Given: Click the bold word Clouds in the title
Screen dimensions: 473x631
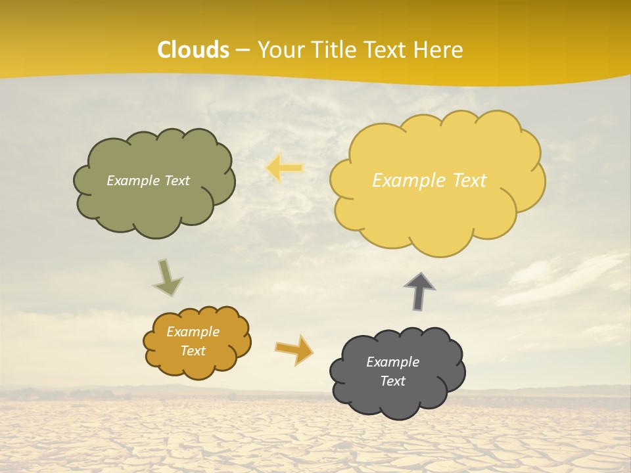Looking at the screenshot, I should (x=193, y=50).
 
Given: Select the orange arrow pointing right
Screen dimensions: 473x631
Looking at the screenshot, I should (x=294, y=349).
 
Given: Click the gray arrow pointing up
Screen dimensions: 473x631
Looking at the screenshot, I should (x=419, y=290).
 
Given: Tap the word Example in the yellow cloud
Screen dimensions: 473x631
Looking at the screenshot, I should (x=410, y=181).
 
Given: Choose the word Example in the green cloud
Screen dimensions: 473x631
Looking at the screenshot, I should (x=133, y=181).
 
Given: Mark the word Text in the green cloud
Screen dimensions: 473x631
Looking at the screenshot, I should (x=176, y=181).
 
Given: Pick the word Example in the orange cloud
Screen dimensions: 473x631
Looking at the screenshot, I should (x=193, y=332).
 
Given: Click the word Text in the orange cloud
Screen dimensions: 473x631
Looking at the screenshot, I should (x=193, y=351).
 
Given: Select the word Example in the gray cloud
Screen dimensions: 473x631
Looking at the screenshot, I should (x=392, y=362).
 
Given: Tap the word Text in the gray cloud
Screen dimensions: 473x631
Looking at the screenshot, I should (x=392, y=381).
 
